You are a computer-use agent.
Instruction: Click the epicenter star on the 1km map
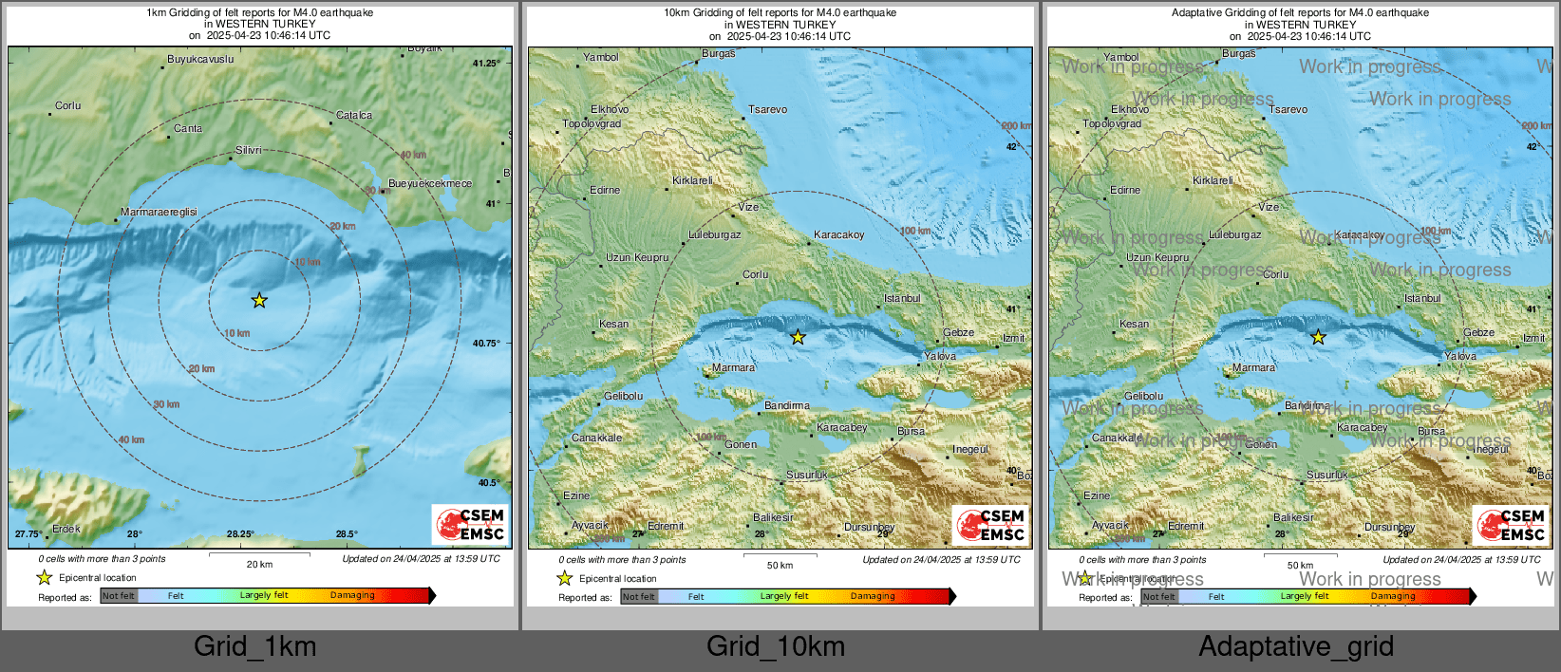point(259,301)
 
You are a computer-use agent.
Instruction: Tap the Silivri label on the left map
point(249,151)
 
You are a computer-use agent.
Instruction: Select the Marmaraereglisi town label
point(159,213)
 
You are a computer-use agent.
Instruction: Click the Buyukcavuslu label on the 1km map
point(200,60)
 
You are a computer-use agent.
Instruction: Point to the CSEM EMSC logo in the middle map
point(991,525)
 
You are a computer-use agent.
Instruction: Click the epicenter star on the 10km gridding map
point(798,337)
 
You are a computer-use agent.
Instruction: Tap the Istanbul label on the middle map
point(902,299)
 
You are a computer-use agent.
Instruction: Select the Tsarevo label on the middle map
point(767,110)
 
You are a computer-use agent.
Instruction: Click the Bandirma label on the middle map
point(787,406)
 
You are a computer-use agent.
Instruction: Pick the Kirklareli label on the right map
point(1213,181)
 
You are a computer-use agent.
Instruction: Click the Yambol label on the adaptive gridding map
point(1121,58)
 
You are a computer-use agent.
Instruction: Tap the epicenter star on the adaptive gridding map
point(1318,337)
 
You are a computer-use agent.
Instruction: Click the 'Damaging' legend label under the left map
point(352,596)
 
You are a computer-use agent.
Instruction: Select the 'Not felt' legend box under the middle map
point(639,597)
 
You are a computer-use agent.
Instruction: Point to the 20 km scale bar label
point(259,565)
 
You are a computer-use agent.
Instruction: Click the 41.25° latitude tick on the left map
point(486,64)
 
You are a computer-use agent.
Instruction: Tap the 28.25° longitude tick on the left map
point(240,534)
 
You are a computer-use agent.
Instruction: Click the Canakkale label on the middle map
point(596,439)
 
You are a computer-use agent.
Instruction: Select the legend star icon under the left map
point(44,577)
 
